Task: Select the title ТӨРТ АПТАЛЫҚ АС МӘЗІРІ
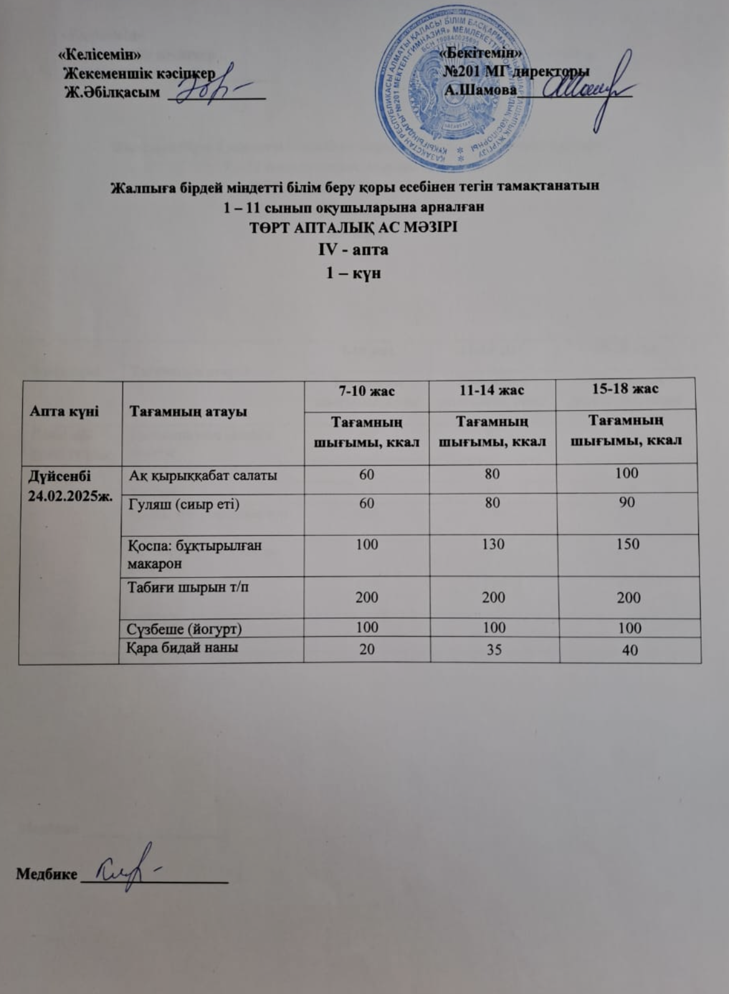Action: [353, 227]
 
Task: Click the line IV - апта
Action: [353, 249]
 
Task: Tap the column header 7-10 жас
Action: [366, 391]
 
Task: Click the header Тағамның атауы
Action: [188, 412]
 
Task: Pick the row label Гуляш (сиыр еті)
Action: [184, 504]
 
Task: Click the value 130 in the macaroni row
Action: [492, 544]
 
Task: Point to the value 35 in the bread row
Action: [493, 649]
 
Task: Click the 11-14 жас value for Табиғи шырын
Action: [493, 597]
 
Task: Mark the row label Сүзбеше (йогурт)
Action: [184, 628]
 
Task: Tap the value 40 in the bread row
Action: [629, 650]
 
